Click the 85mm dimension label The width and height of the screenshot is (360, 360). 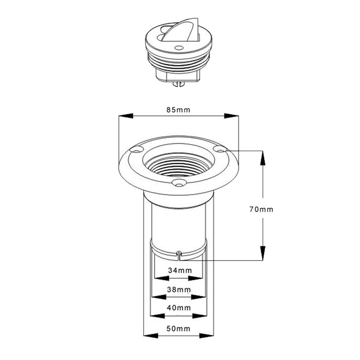pyautogui.click(x=178, y=110)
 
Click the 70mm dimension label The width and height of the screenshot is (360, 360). pyautogui.click(x=261, y=209)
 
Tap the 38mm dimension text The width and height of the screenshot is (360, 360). pyautogui.click(x=179, y=290)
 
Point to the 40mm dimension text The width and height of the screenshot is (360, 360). pyautogui.click(x=179, y=308)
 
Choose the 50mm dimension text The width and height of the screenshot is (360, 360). pyautogui.click(x=178, y=329)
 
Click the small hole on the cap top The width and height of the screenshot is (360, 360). pyautogui.click(x=178, y=47)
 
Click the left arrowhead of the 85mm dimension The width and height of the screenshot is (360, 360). pyautogui.click(x=126, y=116)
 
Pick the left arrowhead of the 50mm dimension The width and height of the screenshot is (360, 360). pyautogui.click(x=150, y=335)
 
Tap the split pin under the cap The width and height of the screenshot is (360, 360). pyautogui.click(x=179, y=84)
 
